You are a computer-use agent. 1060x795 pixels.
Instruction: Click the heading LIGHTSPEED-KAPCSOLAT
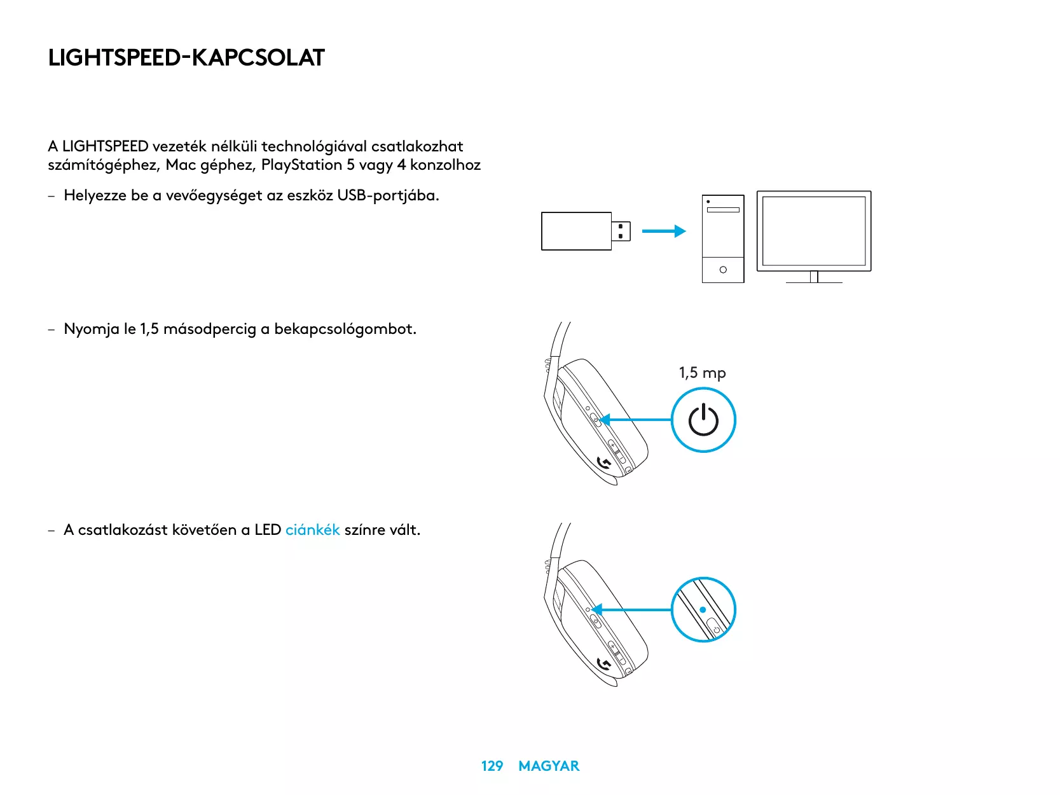click(x=186, y=58)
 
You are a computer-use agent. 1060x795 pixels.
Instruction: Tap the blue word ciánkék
click(x=312, y=530)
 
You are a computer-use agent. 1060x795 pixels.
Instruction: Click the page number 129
click(x=492, y=766)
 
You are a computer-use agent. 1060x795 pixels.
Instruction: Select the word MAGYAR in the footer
click(x=549, y=766)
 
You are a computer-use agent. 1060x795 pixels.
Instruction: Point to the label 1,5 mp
click(x=702, y=373)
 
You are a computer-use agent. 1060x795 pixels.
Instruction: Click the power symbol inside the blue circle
click(x=703, y=420)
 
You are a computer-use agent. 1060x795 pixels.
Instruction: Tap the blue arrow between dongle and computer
click(x=663, y=232)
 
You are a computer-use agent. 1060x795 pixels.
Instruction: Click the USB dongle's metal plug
click(x=621, y=231)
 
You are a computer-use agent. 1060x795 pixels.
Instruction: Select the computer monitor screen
click(x=814, y=231)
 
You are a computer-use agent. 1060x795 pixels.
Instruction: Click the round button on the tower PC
click(x=723, y=270)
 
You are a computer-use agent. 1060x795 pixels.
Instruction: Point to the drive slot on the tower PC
click(x=723, y=209)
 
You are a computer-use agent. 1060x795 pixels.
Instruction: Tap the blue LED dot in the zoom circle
click(x=703, y=609)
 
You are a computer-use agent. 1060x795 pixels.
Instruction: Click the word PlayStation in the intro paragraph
click(x=301, y=165)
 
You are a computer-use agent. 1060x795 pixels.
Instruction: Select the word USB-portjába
click(x=388, y=195)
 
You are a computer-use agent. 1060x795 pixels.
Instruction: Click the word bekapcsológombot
click(x=345, y=329)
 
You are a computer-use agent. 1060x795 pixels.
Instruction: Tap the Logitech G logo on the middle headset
click(x=605, y=464)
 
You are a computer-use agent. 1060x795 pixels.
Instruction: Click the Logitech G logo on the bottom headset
click(x=605, y=665)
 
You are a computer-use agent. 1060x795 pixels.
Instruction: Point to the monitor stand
click(x=814, y=277)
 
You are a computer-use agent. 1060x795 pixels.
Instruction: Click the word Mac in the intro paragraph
click(x=181, y=165)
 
